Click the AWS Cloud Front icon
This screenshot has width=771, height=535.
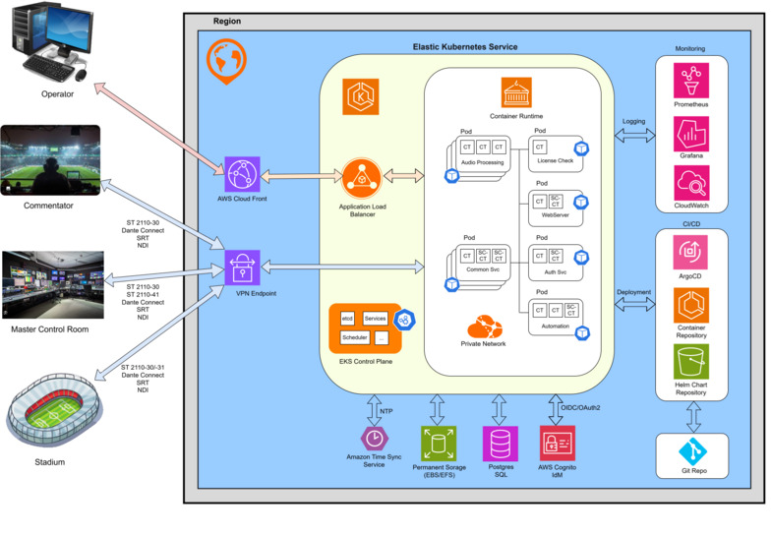pyautogui.click(x=241, y=175)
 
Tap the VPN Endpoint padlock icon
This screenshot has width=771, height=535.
pyautogui.click(x=241, y=267)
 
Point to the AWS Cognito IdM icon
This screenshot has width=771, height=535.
pyautogui.click(x=557, y=443)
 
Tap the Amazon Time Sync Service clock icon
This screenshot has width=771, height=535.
pyautogui.click(x=374, y=439)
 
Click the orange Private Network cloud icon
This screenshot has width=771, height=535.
pyautogui.click(x=484, y=325)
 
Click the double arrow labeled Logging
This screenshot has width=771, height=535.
pyautogui.click(x=633, y=138)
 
